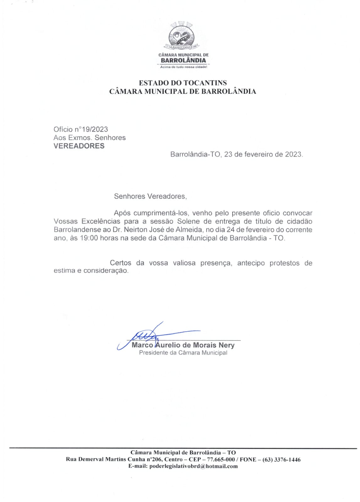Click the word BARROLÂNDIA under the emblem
183,60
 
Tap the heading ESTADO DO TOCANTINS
183,83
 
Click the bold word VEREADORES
79,146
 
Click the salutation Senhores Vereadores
150,196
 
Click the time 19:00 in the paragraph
89,238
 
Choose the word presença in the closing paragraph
216,263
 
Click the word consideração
106,270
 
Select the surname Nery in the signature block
227,345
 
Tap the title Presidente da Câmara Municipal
183,353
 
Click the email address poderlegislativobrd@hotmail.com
193,466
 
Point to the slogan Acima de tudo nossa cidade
183,67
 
